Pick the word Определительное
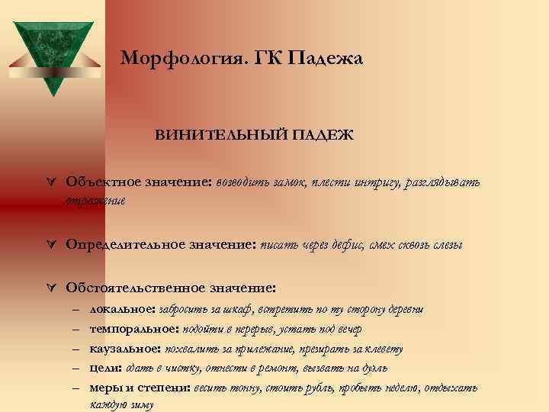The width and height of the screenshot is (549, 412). point(125,245)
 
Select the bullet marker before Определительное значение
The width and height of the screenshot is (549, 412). point(50,246)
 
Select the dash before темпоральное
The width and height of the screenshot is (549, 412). point(76,330)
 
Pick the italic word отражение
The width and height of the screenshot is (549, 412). point(95,201)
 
